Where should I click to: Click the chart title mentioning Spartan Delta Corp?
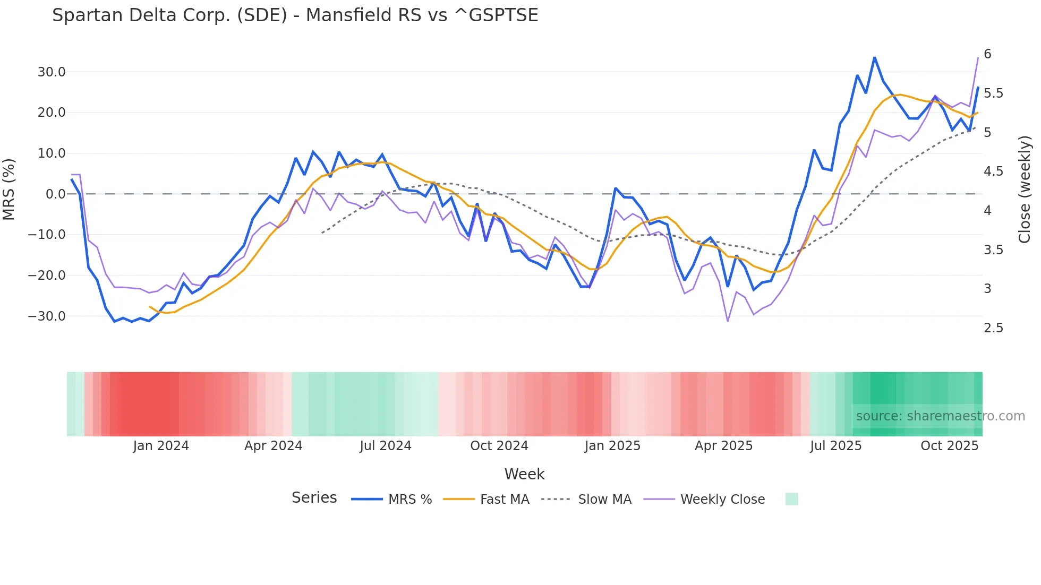(295, 15)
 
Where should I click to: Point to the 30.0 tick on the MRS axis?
(52, 72)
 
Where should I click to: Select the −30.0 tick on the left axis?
(47, 316)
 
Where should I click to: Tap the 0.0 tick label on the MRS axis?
(56, 194)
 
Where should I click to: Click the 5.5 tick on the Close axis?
(993, 93)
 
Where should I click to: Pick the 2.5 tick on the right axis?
(993, 328)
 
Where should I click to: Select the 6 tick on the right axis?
(987, 54)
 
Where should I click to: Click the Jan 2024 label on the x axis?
(161, 446)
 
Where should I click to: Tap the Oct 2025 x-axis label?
(949, 446)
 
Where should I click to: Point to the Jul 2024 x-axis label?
(386, 446)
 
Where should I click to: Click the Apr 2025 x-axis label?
(723, 446)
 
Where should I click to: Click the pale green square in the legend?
(791, 499)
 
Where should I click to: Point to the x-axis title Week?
(524, 474)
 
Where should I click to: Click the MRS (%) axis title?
(9, 190)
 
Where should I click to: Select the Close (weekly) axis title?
(1025, 190)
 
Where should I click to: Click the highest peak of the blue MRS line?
(874, 58)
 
